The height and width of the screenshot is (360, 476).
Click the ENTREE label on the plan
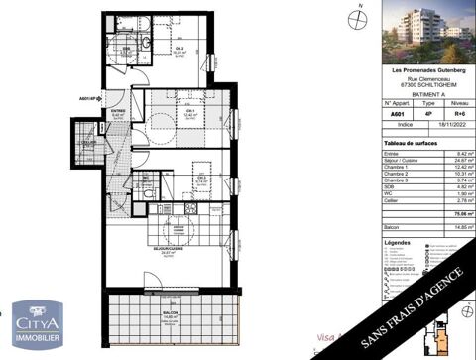(x=117, y=112)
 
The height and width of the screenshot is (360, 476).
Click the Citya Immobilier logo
(x=38, y=324)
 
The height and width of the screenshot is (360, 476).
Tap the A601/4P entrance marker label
(x=91, y=96)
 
